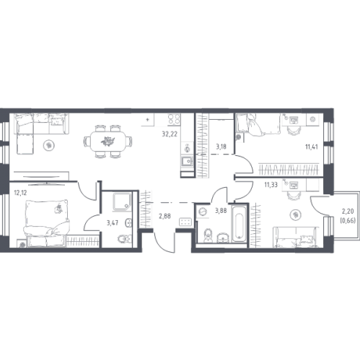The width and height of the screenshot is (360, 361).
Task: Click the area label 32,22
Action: coord(170,134)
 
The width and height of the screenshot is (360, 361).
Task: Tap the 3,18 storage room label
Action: coord(221,147)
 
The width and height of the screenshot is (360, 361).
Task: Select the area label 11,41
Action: coord(312,147)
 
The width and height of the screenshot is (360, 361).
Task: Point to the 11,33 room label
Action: coord(271,185)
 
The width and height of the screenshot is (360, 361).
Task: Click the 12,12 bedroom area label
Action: coord(20,192)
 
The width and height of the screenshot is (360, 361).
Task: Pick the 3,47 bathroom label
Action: coord(113,222)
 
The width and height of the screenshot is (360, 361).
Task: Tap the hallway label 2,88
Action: coord(164,216)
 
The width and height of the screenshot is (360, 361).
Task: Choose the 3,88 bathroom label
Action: coord(221,211)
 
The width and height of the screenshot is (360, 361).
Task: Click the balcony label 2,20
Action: coord(348,212)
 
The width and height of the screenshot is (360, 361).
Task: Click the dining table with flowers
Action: coord(107,142)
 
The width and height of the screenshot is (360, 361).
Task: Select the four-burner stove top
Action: coord(174,119)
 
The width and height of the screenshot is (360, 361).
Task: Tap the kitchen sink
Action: coord(187,162)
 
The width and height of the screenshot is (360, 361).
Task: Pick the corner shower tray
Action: coord(123,201)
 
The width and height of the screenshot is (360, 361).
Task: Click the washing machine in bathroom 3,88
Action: coord(203,212)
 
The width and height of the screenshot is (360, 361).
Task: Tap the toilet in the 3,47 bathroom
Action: coord(125,239)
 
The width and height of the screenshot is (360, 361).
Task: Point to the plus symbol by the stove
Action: coord(148,119)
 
